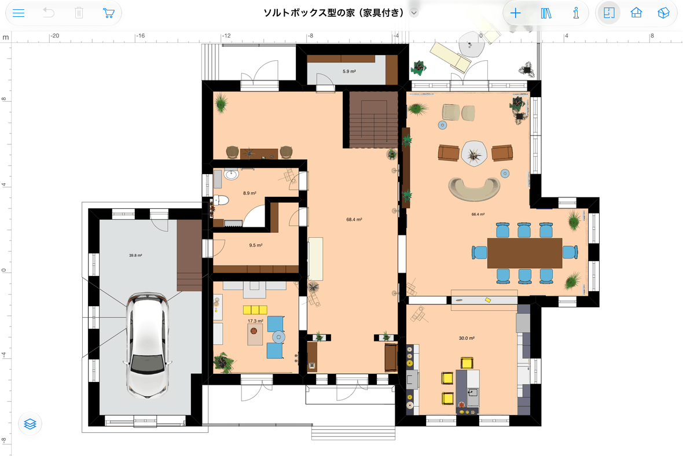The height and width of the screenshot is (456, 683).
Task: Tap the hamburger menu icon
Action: (x=19, y=13)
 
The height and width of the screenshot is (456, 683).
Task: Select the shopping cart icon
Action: (x=108, y=13)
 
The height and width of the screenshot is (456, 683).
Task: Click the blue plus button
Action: (x=515, y=13)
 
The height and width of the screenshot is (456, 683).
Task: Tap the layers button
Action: (x=30, y=424)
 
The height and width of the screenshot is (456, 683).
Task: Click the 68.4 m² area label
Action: (x=354, y=219)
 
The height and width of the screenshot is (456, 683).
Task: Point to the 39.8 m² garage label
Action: (x=135, y=255)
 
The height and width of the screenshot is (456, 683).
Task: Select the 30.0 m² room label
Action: (x=467, y=338)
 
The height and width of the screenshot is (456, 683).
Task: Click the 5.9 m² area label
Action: (x=349, y=71)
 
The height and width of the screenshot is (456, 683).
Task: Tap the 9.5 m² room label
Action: (x=256, y=245)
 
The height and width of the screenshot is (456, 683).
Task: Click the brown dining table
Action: (x=524, y=253)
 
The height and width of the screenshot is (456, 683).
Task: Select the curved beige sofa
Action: (x=475, y=189)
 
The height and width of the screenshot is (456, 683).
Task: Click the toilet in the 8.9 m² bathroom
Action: (x=221, y=200)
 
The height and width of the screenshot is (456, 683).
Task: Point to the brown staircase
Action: (x=374, y=119)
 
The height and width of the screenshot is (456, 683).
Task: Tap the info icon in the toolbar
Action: (x=576, y=13)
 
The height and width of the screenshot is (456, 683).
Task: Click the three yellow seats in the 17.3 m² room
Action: (x=255, y=310)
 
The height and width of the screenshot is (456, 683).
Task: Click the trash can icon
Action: (x=79, y=13)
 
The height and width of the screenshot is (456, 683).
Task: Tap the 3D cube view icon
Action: (x=663, y=13)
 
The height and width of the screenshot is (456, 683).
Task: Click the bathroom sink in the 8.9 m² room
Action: (x=231, y=175)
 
